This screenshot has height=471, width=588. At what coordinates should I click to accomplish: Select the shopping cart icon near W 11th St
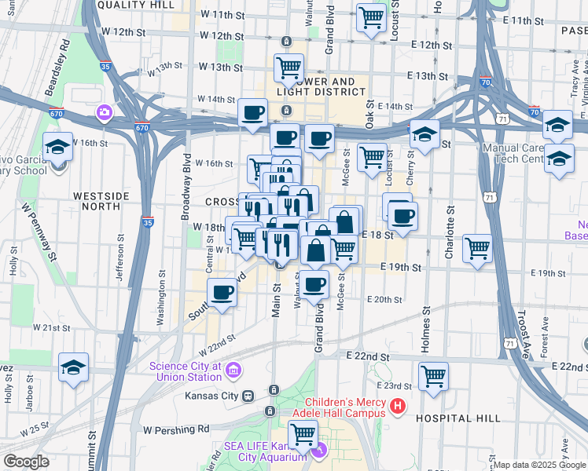(x=371, y=16)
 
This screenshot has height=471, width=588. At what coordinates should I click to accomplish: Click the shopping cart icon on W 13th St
(x=288, y=68)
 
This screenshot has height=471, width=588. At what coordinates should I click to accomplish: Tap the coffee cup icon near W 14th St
(x=252, y=113)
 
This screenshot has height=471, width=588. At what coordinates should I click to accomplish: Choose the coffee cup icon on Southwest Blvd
(x=222, y=293)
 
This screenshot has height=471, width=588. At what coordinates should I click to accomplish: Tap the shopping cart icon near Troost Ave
(x=477, y=249)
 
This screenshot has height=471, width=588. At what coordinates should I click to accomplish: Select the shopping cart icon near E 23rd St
(x=433, y=376)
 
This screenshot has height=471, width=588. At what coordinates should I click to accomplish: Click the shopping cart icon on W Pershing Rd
(x=303, y=433)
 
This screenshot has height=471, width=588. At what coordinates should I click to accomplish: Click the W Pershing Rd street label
(x=177, y=429)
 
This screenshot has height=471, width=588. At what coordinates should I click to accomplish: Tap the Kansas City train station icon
(x=248, y=396)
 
